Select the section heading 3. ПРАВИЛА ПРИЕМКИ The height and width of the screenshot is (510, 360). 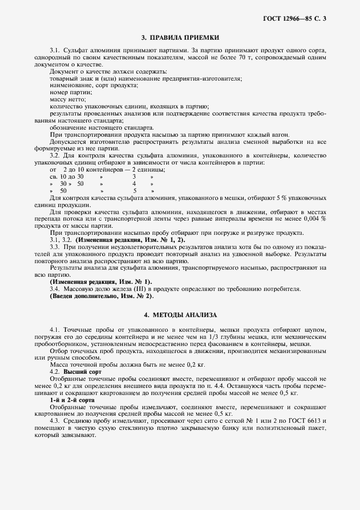coord(180,38)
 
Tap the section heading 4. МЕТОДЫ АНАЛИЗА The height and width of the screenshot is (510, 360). coord(180,315)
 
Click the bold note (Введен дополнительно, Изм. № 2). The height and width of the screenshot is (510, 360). coord(101,296)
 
